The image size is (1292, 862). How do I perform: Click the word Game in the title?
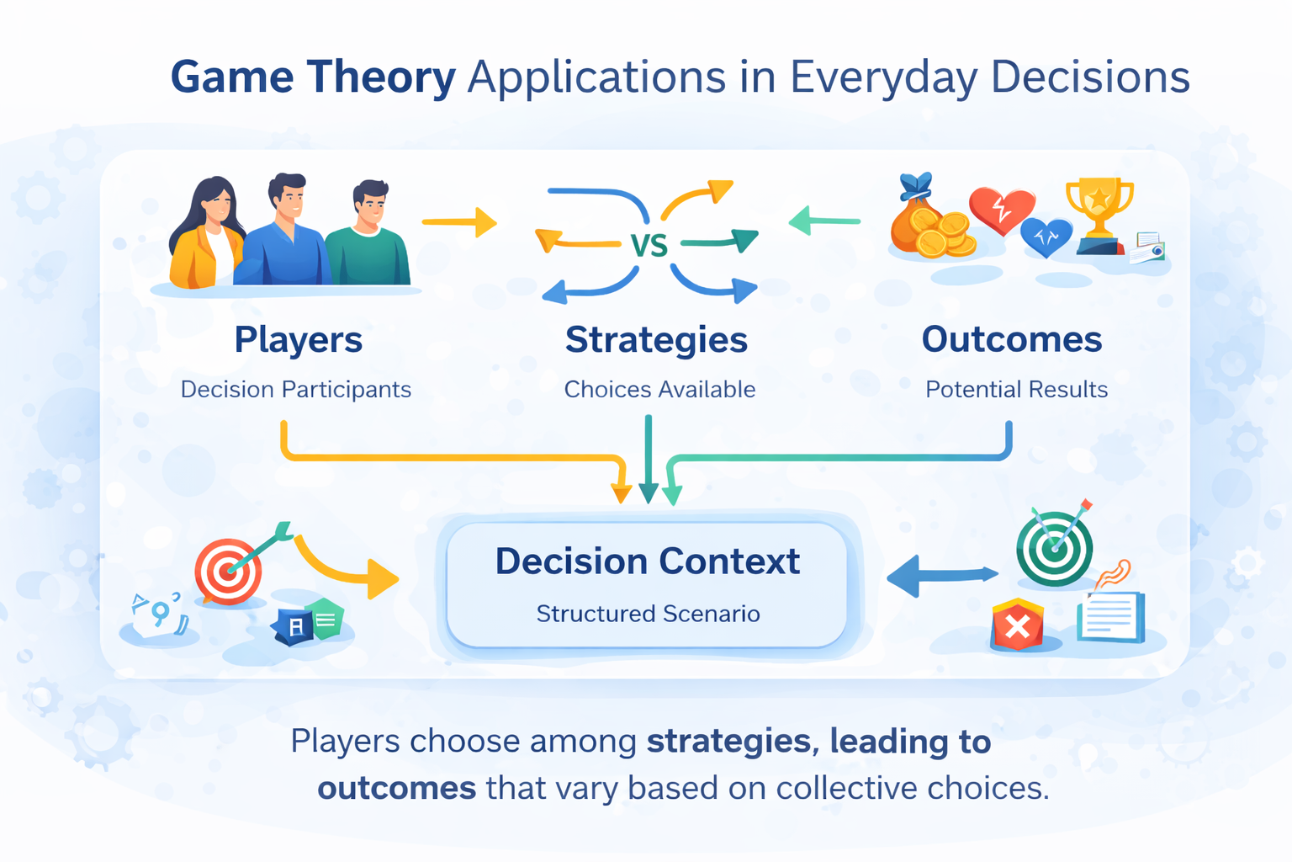[x=232, y=77]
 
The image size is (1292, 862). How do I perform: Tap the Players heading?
[x=298, y=339]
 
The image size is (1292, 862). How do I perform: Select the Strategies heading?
[x=656, y=339]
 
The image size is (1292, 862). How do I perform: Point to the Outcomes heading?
[x=1011, y=339]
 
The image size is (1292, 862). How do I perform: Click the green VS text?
[x=649, y=245]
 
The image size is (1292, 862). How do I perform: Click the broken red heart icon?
[x=1000, y=208]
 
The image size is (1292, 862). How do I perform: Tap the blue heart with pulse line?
[x=1046, y=236]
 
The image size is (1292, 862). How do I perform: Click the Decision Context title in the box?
[x=647, y=561]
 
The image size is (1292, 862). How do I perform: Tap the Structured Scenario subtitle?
[x=648, y=614]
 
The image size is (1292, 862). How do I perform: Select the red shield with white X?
[x=1017, y=625]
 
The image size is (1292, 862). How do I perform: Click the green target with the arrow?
[x=1055, y=547]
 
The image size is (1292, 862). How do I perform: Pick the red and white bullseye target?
[x=228, y=571]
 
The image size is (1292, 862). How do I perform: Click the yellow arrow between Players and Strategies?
[x=459, y=222]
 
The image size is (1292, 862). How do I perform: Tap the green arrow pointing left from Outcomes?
[x=824, y=221]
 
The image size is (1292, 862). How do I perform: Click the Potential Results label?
[x=1016, y=389]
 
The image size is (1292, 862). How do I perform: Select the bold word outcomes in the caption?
[x=397, y=789]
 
